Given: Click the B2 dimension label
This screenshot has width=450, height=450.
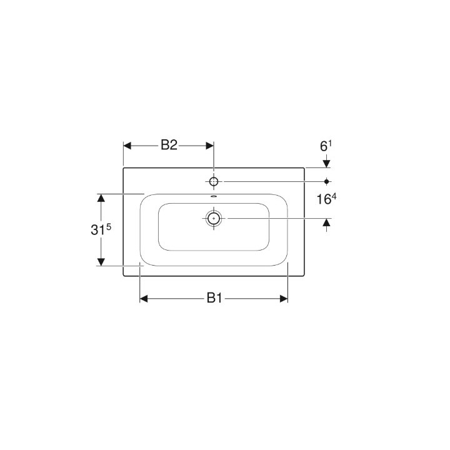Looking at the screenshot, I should coord(169,146).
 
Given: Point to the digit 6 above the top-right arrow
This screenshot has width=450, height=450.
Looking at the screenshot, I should coord(323,147).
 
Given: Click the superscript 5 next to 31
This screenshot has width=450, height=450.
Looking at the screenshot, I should coord(109,226).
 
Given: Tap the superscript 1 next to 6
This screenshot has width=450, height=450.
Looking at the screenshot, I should coord(330,144).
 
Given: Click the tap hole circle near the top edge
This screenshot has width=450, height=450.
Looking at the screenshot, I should coord(214,181).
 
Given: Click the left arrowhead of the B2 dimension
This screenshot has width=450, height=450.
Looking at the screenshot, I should coord(127,146).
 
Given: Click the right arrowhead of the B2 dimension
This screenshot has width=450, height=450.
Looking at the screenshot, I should coord(209,146).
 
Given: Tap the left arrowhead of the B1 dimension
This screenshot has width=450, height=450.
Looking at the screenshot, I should coord(143,299).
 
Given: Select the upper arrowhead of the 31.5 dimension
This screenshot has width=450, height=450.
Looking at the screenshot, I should coord(99,198).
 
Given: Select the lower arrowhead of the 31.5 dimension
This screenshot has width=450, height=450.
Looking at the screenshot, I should coord(99,261).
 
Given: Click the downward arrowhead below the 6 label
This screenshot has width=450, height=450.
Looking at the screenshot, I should coord(326,163).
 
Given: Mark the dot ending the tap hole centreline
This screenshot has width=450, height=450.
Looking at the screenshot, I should coord(326,181).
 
